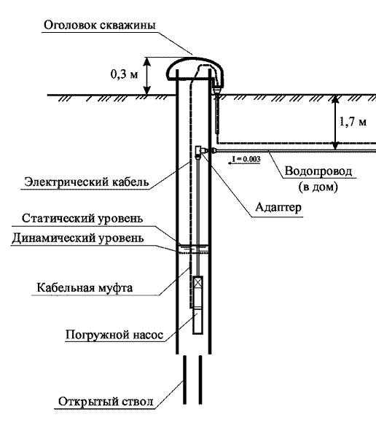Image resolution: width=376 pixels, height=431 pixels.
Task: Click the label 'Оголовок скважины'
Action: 100,25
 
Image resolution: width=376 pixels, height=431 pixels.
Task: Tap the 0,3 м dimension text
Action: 124,74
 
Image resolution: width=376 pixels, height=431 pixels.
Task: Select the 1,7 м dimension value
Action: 353,121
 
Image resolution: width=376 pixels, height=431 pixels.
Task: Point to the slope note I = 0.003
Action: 246,159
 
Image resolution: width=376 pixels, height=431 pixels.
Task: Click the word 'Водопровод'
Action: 318,171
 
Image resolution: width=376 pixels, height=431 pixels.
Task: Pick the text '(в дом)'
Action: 318,187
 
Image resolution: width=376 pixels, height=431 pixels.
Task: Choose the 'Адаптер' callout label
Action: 278,207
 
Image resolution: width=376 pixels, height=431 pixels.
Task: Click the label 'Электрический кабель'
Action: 87,182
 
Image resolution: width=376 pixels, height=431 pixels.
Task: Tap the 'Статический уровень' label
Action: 82,219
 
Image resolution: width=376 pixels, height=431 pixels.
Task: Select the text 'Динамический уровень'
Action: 78,238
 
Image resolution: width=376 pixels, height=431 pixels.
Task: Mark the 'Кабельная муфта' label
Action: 85,288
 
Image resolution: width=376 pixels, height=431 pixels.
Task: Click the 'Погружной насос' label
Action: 114,335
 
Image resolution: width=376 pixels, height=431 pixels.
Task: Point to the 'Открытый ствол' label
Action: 106,402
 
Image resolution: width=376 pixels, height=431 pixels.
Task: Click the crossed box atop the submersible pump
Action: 197,282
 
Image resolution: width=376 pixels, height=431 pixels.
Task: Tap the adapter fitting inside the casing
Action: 199,151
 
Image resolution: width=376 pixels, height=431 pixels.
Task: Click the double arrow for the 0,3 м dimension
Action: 147,76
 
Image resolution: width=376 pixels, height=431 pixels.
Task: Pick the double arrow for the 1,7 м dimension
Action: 334,123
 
